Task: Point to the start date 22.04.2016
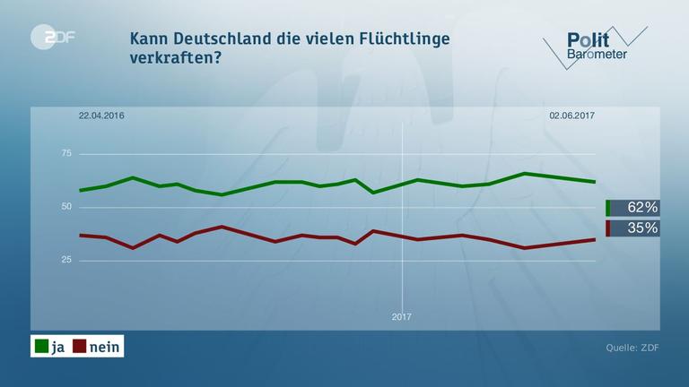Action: coord(100,116)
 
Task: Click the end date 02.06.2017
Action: coord(571,116)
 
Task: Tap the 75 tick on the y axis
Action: coord(65,154)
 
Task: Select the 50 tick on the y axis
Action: coord(65,207)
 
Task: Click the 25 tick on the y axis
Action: coord(65,260)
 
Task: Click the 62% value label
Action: coord(641,208)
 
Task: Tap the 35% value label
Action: coord(641,228)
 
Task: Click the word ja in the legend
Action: coord(59,347)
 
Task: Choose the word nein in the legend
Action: coord(104,347)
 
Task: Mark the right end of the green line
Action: coord(595,181)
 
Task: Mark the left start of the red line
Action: coord(80,235)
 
